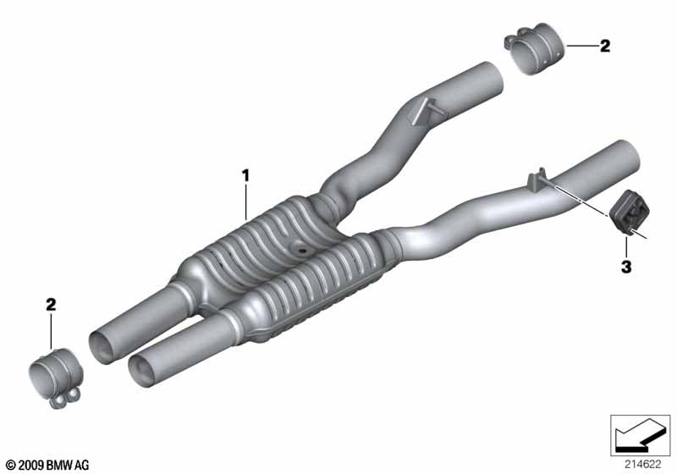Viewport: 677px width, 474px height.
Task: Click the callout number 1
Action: [245, 176]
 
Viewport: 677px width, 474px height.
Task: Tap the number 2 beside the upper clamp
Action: [605, 46]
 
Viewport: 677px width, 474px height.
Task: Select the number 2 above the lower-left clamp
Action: [51, 305]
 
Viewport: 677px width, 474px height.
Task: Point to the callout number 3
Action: [626, 267]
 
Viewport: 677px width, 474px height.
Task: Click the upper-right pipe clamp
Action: [535, 48]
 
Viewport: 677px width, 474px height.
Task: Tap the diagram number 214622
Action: [642, 465]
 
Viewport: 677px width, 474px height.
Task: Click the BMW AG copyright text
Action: [48, 465]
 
